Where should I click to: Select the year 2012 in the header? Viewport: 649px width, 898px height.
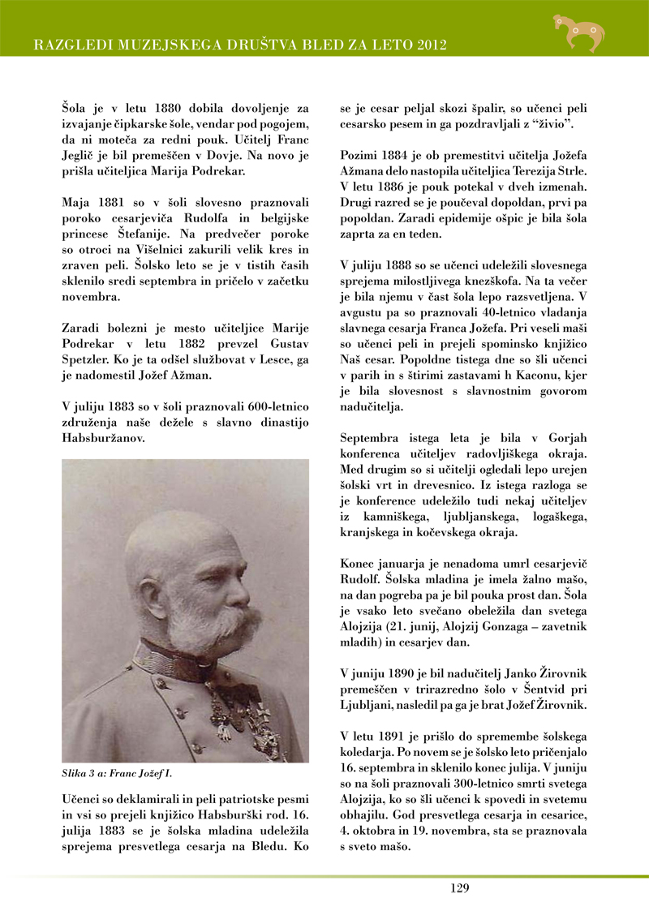click(x=431, y=44)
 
